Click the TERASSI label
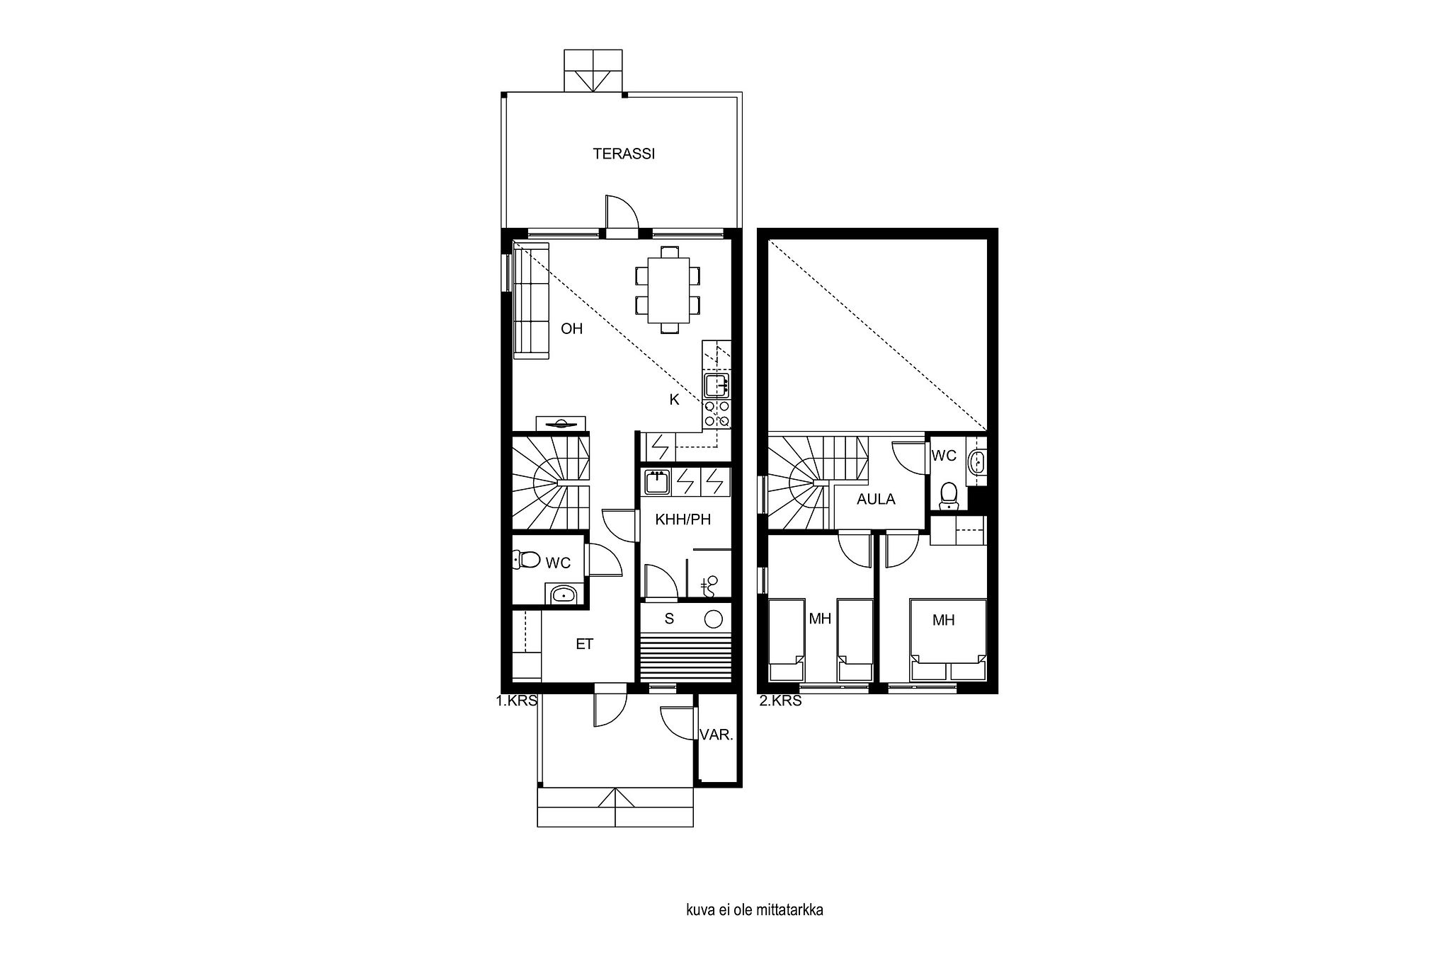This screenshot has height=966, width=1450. tap(624, 154)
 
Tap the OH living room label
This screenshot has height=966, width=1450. tap(571, 328)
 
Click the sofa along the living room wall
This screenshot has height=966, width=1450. tap(531, 301)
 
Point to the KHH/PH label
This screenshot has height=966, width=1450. tap(683, 519)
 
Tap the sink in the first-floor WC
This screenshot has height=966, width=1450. tap(564, 594)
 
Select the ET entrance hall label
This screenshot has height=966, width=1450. tap(584, 644)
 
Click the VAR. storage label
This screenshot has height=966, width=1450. tap(716, 735)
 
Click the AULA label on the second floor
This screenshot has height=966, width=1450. tap(876, 499)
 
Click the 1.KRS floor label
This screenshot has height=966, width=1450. tap(517, 701)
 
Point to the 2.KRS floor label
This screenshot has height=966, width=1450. tap(780, 701)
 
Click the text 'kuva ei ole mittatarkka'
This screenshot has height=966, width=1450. tap(754, 929)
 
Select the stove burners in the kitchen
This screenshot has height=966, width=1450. tap(717, 415)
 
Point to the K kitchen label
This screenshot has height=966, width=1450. tap(674, 400)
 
